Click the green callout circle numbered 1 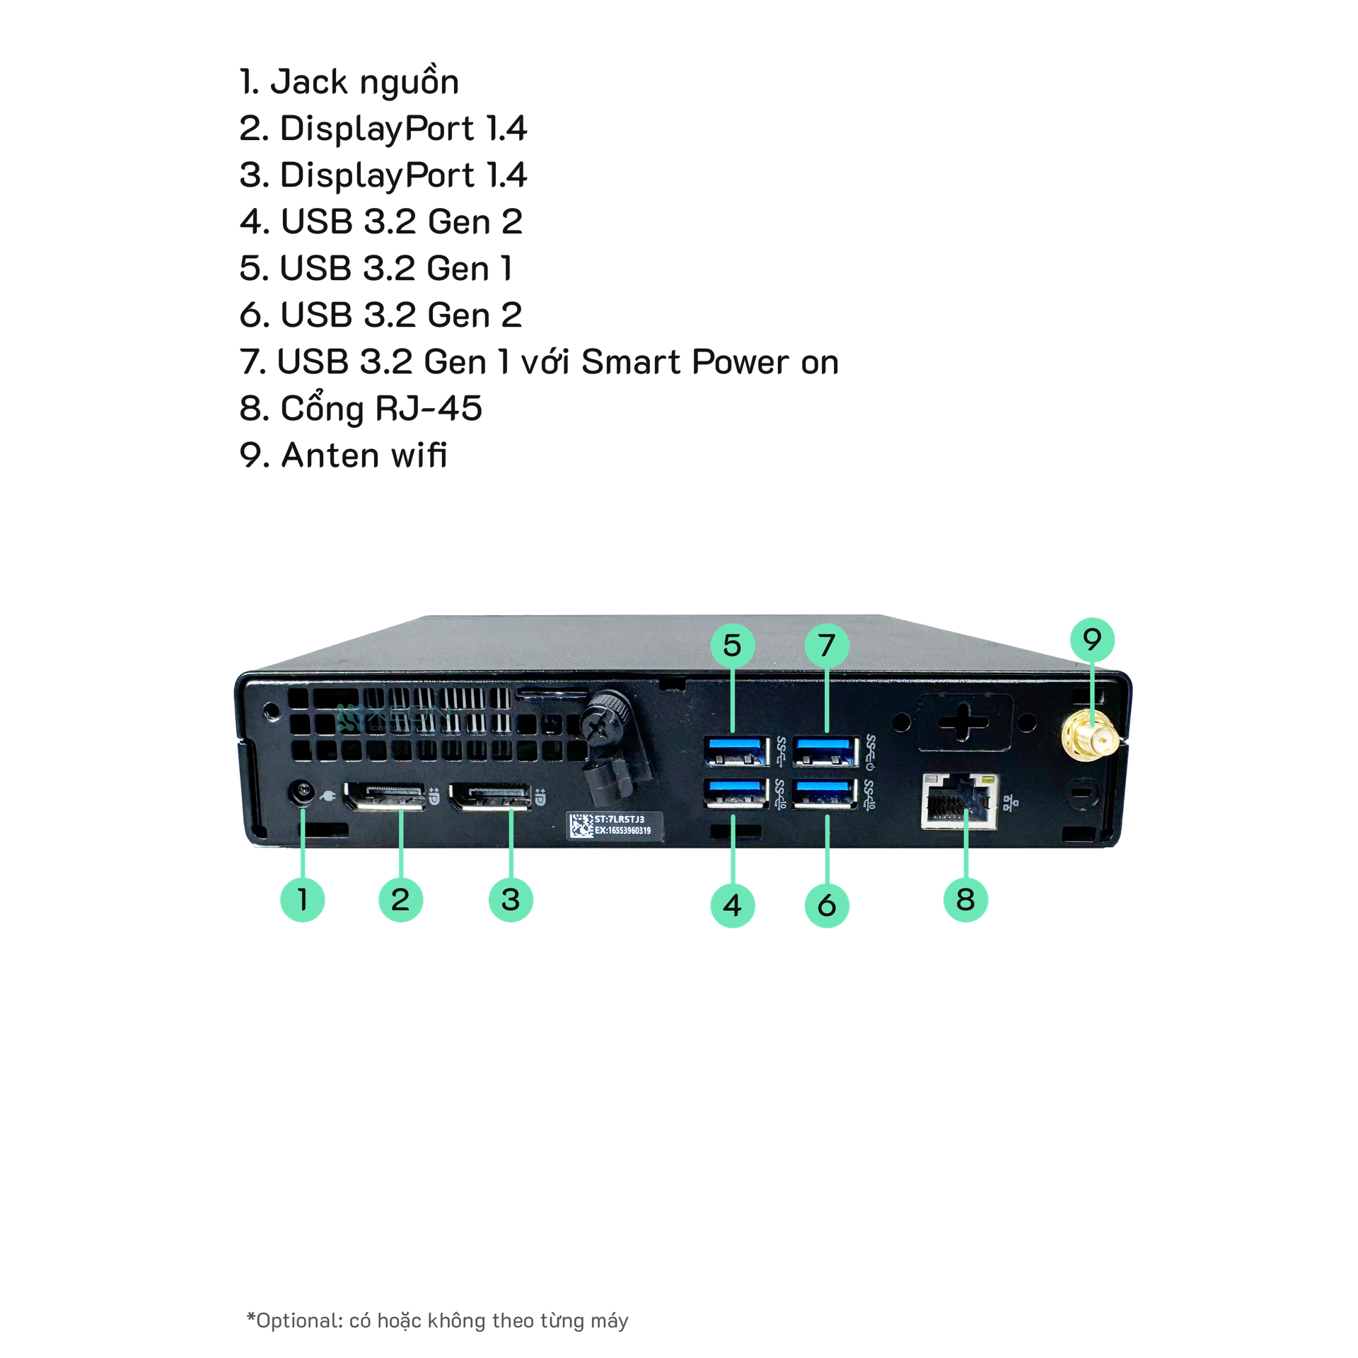[x=302, y=900]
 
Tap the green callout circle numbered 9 [x=1092, y=639]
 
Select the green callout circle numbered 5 [x=732, y=645]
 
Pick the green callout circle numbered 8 [x=965, y=900]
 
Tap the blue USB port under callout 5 [x=736, y=750]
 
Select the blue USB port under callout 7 [x=825, y=750]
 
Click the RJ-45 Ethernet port [x=960, y=801]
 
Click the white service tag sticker [x=615, y=825]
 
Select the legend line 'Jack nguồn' [x=349, y=82]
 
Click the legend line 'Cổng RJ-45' [x=361, y=409]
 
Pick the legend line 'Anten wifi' [x=344, y=455]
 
